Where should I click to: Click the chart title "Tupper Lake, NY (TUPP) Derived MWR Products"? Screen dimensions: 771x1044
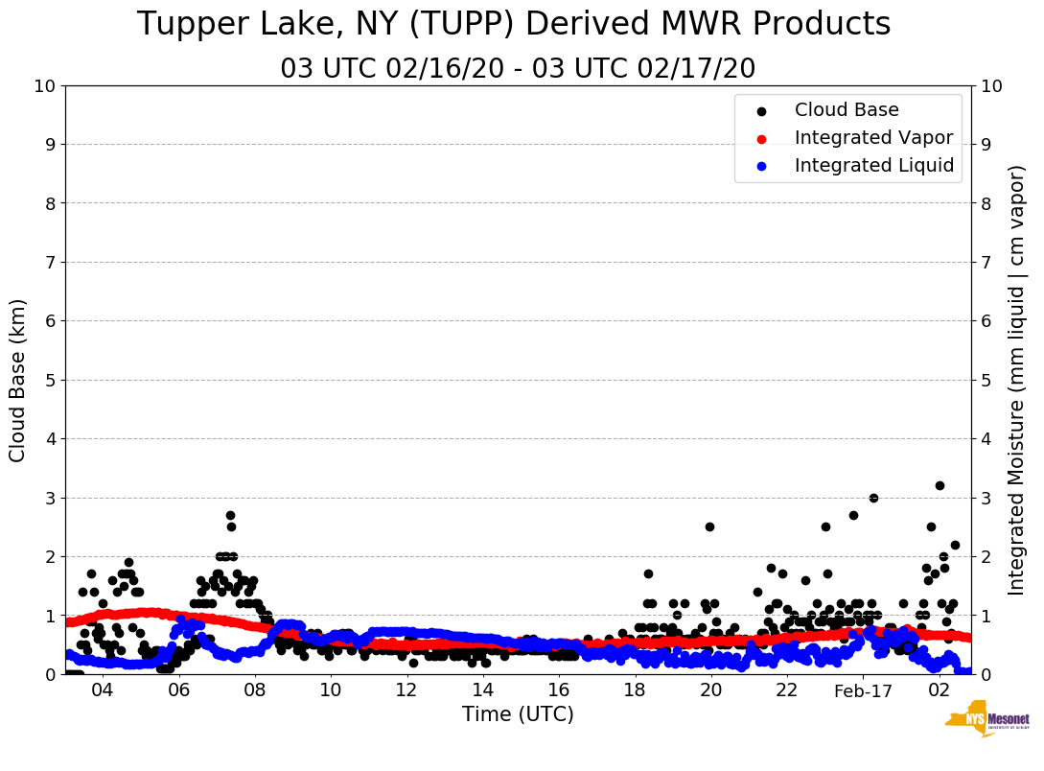coord(514,24)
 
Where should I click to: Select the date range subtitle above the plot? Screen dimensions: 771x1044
coord(518,69)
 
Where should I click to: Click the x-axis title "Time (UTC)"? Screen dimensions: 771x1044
coord(518,714)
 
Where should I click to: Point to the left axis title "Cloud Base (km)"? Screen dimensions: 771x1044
coord(18,380)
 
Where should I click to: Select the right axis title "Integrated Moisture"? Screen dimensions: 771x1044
coord(1017,380)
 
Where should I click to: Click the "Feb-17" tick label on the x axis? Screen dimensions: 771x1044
coord(863,690)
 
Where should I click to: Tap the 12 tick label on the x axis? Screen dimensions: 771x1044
coord(406,690)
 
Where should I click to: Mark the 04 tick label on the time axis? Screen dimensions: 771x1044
coord(102,690)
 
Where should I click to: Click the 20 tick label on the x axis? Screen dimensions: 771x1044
coord(710,690)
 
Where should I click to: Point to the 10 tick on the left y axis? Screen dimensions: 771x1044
coord(45,86)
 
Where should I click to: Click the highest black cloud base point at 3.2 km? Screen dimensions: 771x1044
coord(940,486)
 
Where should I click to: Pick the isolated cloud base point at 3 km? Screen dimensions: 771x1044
coord(873,498)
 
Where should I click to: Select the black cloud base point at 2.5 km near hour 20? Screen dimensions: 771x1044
coord(709,526)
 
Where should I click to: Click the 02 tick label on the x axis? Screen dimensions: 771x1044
coord(940,690)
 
